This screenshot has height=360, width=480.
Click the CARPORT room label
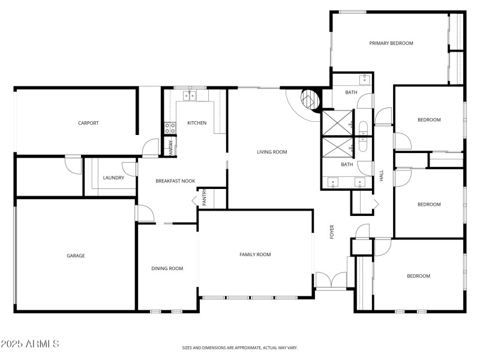click(88, 123)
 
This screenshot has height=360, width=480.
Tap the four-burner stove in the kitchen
click(170, 127)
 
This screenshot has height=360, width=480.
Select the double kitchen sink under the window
click(190, 95)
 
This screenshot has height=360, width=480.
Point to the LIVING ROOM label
click(272, 152)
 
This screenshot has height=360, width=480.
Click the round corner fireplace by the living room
click(309, 99)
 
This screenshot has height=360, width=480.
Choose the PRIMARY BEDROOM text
click(391, 43)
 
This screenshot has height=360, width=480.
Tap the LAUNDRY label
click(113, 178)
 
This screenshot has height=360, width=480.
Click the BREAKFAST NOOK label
click(175, 181)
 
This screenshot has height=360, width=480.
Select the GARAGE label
click(76, 256)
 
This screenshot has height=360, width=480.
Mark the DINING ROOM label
click(167, 268)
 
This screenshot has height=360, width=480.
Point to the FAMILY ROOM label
click(255, 254)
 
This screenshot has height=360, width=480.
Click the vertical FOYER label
click(332, 232)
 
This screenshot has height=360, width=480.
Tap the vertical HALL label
click(381, 175)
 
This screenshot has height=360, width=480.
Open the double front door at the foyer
click(331, 281)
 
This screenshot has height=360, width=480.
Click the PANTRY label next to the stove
click(171, 148)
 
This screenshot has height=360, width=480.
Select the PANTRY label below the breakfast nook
click(205, 198)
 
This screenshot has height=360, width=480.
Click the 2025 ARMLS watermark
click(29, 344)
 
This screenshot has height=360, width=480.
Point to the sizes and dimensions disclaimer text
click(240, 347)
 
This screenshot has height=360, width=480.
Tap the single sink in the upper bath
click(364, 79)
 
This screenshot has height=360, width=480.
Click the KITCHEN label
click(197, 123)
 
